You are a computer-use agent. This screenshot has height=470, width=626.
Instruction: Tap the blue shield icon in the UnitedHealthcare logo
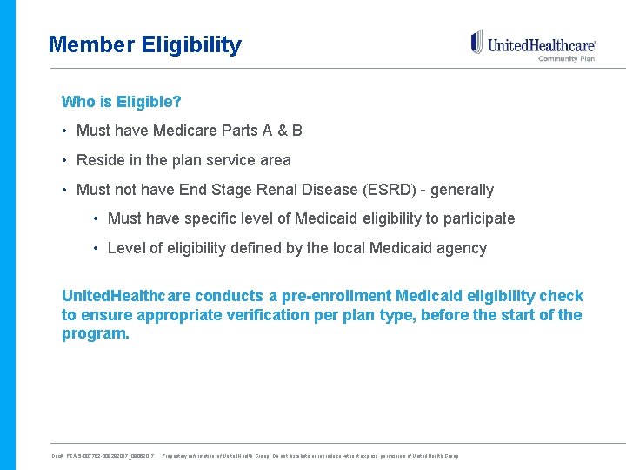(x=476, y=41)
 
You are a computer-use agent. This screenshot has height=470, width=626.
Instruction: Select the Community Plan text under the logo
(x=566, y=59)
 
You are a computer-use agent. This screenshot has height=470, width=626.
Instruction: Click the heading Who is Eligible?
(x=121, y=102)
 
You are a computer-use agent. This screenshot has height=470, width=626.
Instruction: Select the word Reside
(x=100, y=160)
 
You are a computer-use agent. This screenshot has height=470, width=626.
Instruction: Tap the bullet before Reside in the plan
(x=65, y=160)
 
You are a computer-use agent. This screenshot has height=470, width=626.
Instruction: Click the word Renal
(x=303, y=190)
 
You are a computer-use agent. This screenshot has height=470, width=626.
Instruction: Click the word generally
(x=462, y=190)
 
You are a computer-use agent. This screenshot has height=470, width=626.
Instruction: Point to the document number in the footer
(x=103, y=456)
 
